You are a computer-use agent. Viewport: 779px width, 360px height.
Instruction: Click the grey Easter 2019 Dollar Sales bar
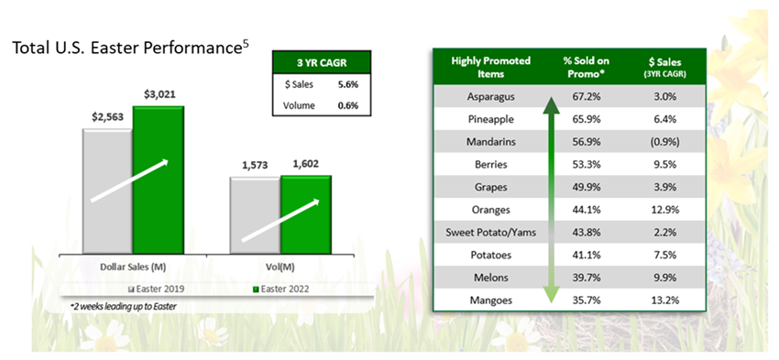click(x=108, y=191)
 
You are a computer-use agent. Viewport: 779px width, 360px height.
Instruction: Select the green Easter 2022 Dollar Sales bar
click(x=158, y=180)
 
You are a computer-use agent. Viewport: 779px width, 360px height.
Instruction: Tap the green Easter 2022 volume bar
click(x=305, y=214)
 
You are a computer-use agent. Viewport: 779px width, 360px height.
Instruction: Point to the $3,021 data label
click(x=159, y=94)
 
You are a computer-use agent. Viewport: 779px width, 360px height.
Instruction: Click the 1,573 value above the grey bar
click(x=255, y=166)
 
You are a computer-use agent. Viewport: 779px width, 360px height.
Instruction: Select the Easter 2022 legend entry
click(x=280, y=289)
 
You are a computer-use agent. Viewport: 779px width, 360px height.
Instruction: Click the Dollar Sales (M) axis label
click(x=133, y=267)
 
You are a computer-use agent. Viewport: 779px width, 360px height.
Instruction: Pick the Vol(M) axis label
click(x=280, y=267)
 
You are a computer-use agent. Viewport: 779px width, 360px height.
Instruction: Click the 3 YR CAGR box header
click(x=322, y=62)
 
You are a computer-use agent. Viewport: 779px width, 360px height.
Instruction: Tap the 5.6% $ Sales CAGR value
click(x=347, y=84)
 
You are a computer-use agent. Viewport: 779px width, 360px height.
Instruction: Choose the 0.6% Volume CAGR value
click(x=347, y=105)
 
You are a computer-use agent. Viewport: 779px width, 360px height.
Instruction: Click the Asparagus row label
click(x=490, y=97)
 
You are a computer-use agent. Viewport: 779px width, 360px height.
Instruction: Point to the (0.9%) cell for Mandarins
click(x=665, y=142)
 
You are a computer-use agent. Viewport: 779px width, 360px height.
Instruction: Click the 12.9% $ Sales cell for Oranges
click(x=665, y=210)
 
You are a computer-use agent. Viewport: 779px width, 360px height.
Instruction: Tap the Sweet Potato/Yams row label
click(x=490, y=233)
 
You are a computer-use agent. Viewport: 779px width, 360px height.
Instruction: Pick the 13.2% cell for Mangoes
click(x=665, y=300)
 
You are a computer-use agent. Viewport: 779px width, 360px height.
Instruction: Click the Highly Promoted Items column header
click(x=490, y=67)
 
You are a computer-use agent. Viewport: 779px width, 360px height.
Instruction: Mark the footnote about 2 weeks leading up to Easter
click(x=123, y=307)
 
